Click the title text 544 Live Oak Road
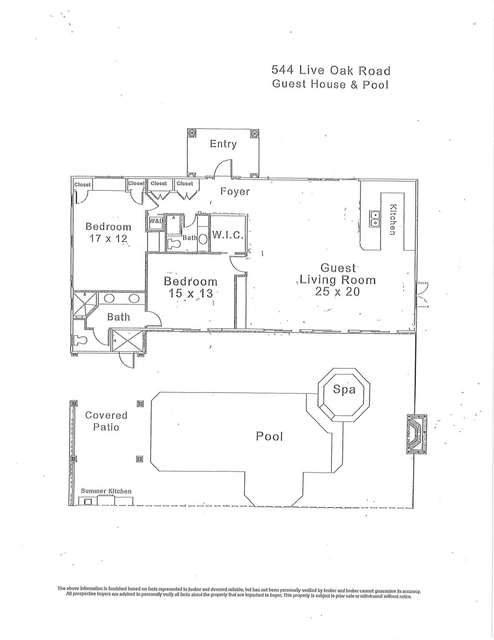[331, 70]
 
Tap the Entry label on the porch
[223, 144]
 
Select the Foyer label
[235, 192]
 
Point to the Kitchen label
[392, 220]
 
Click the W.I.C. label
[227, 235]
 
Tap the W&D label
[155, 221]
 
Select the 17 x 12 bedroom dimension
[108, 239]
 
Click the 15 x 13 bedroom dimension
[190, 293]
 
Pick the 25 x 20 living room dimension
[337, 292]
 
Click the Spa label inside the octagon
[344, 389]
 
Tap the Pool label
[269, 436]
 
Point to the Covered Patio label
[106, 421]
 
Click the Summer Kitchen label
[106, 491]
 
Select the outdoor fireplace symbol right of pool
[417, 434]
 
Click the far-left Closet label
[82, 185]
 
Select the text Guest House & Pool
[330, 84]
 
